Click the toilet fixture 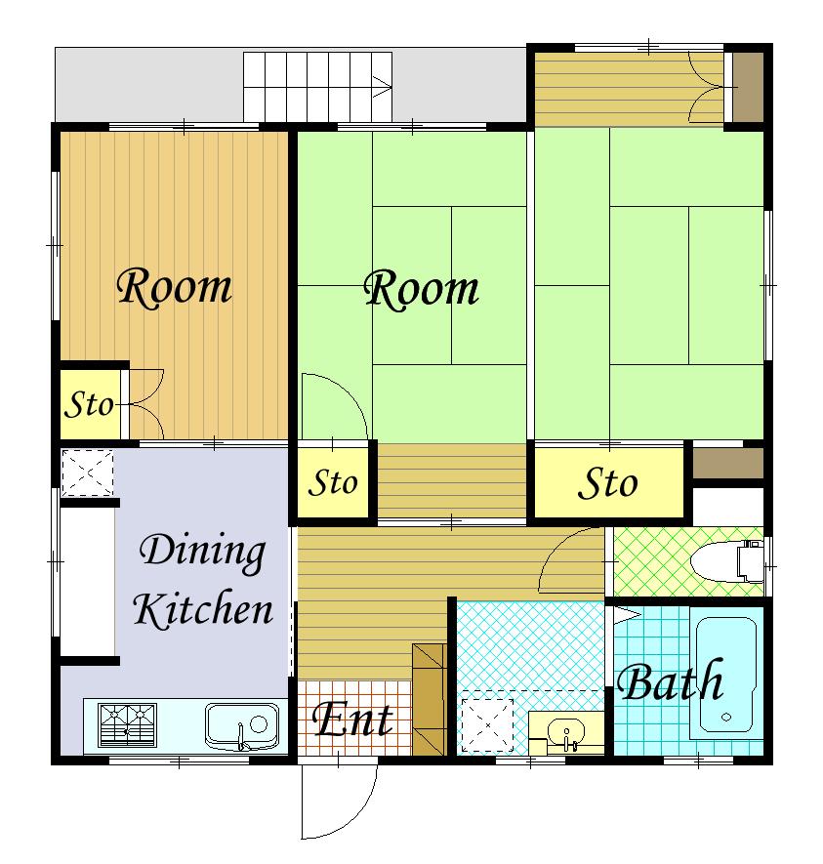tap(727, 561)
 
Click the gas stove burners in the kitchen tap(127, 725)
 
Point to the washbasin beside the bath tap(566, 733)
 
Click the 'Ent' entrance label tap(353, 720)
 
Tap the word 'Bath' tap(670, 681)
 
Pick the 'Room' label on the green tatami tap(422, 289)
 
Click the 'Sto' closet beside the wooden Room tap(90, 404)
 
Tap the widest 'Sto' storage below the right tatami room tap(609, 482)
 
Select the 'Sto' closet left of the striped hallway tap(333, 482)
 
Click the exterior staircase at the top tap(318, 87)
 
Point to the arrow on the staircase tap(382, 87)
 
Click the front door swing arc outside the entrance tap(352, 814)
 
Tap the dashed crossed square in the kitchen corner tap(87, 473)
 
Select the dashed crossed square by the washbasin tap(487, 725)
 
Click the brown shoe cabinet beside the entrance tap(430, 699)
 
